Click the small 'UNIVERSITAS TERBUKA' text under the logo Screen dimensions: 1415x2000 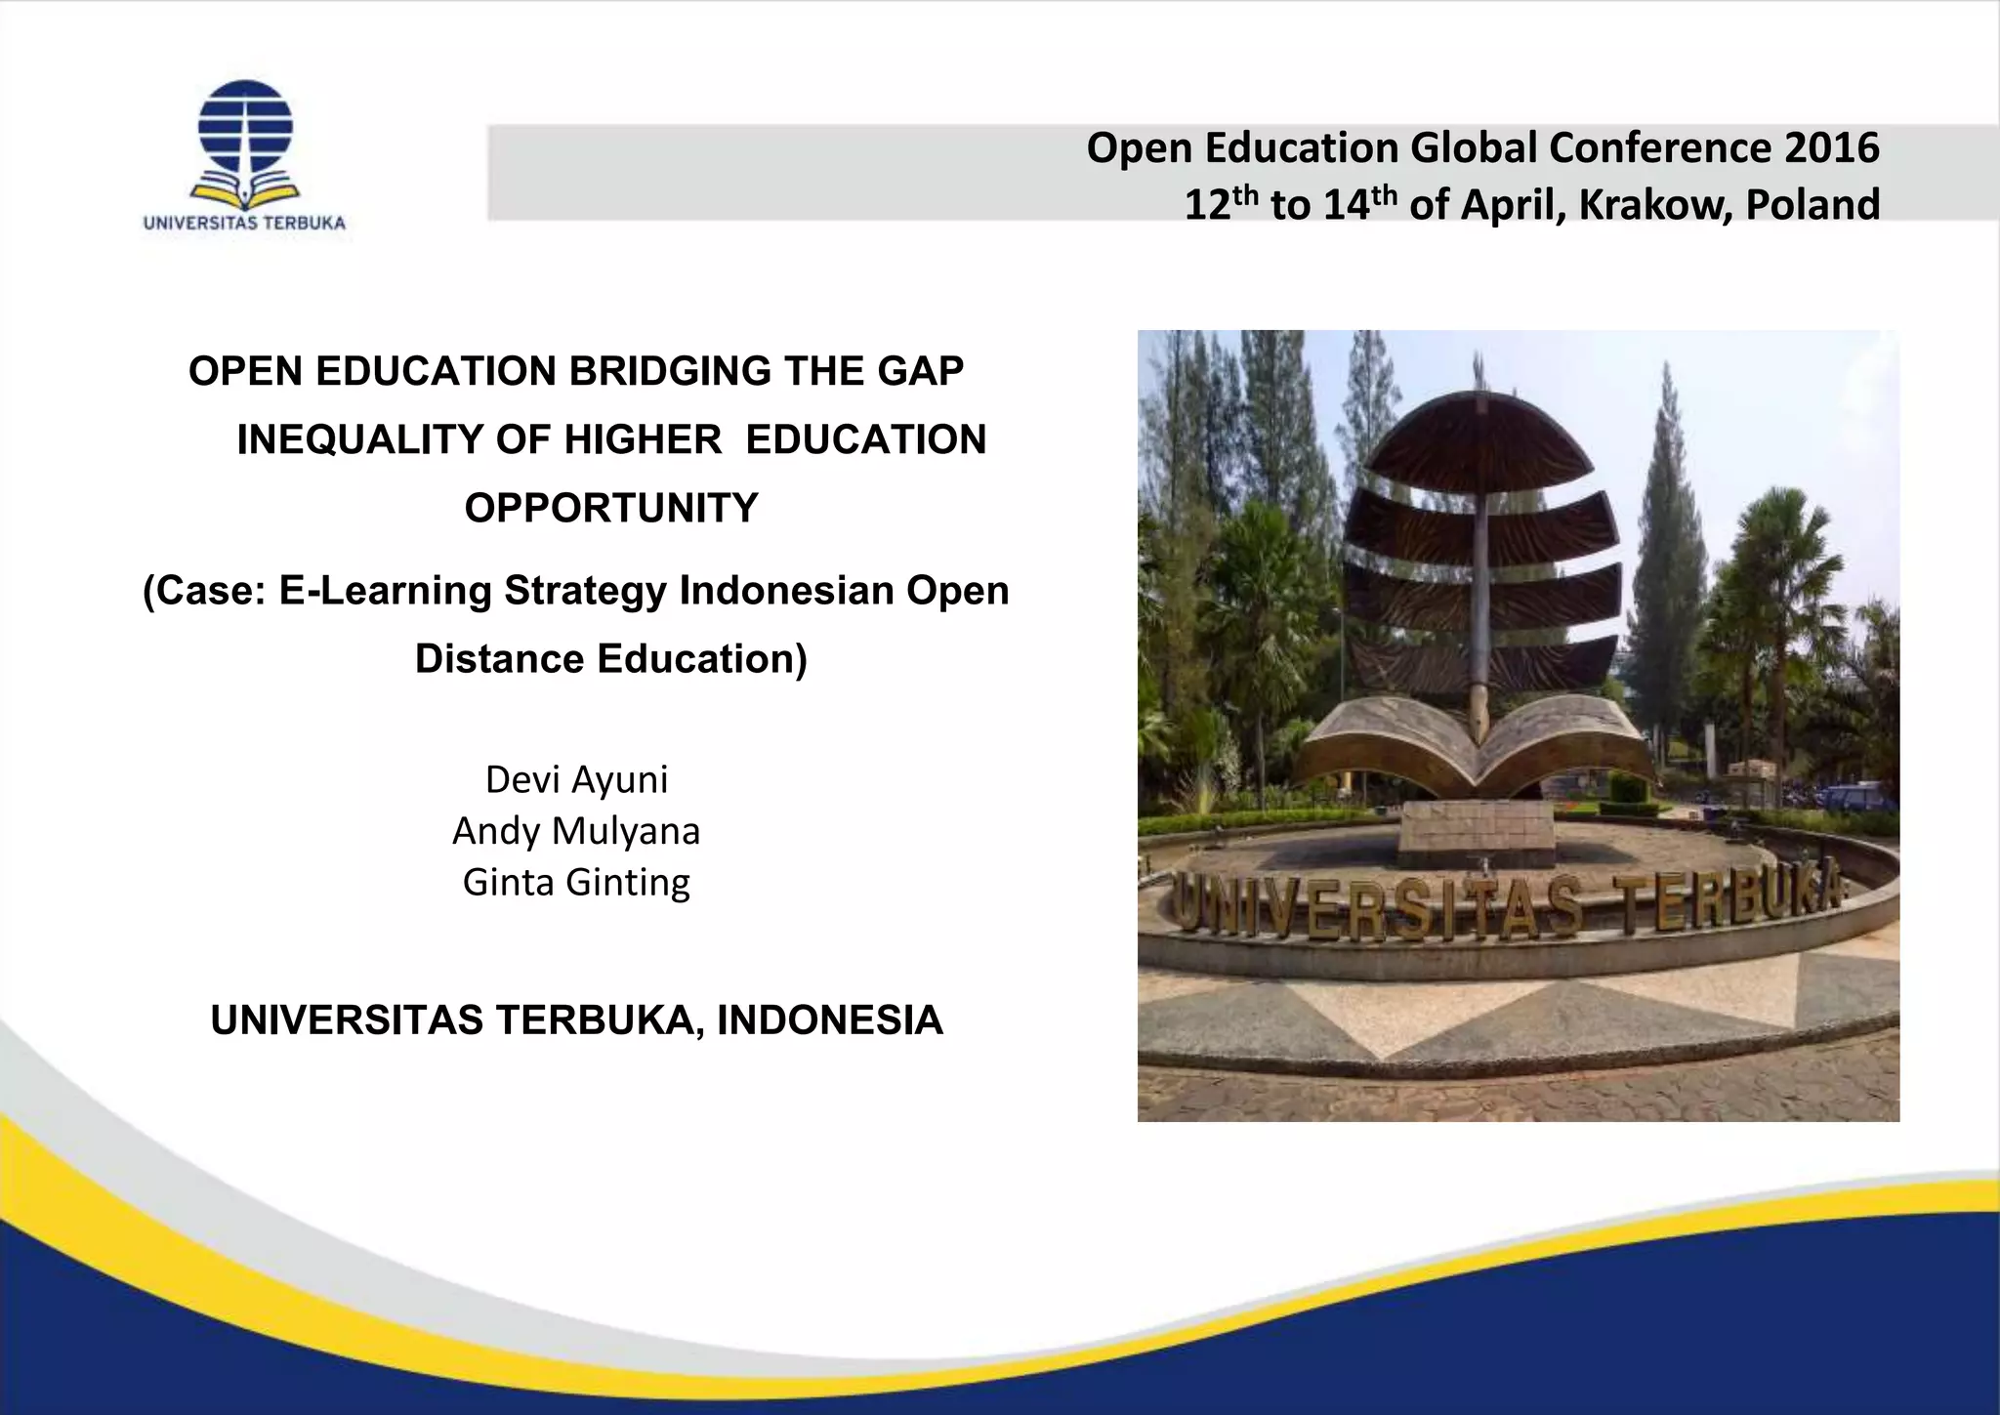(244, 223)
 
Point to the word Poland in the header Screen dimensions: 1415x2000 (1812, 205)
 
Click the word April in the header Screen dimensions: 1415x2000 (1512, 205)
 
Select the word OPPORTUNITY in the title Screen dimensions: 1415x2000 (611, 509)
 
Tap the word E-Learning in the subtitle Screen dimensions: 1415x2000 (386, 591)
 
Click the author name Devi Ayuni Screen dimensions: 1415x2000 (576, 779)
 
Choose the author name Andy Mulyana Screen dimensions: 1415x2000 (576, 831)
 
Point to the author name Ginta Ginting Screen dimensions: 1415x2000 (576, 882)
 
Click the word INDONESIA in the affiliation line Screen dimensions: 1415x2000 (830, 1020)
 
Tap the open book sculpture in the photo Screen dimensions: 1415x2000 (1475, 742)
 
